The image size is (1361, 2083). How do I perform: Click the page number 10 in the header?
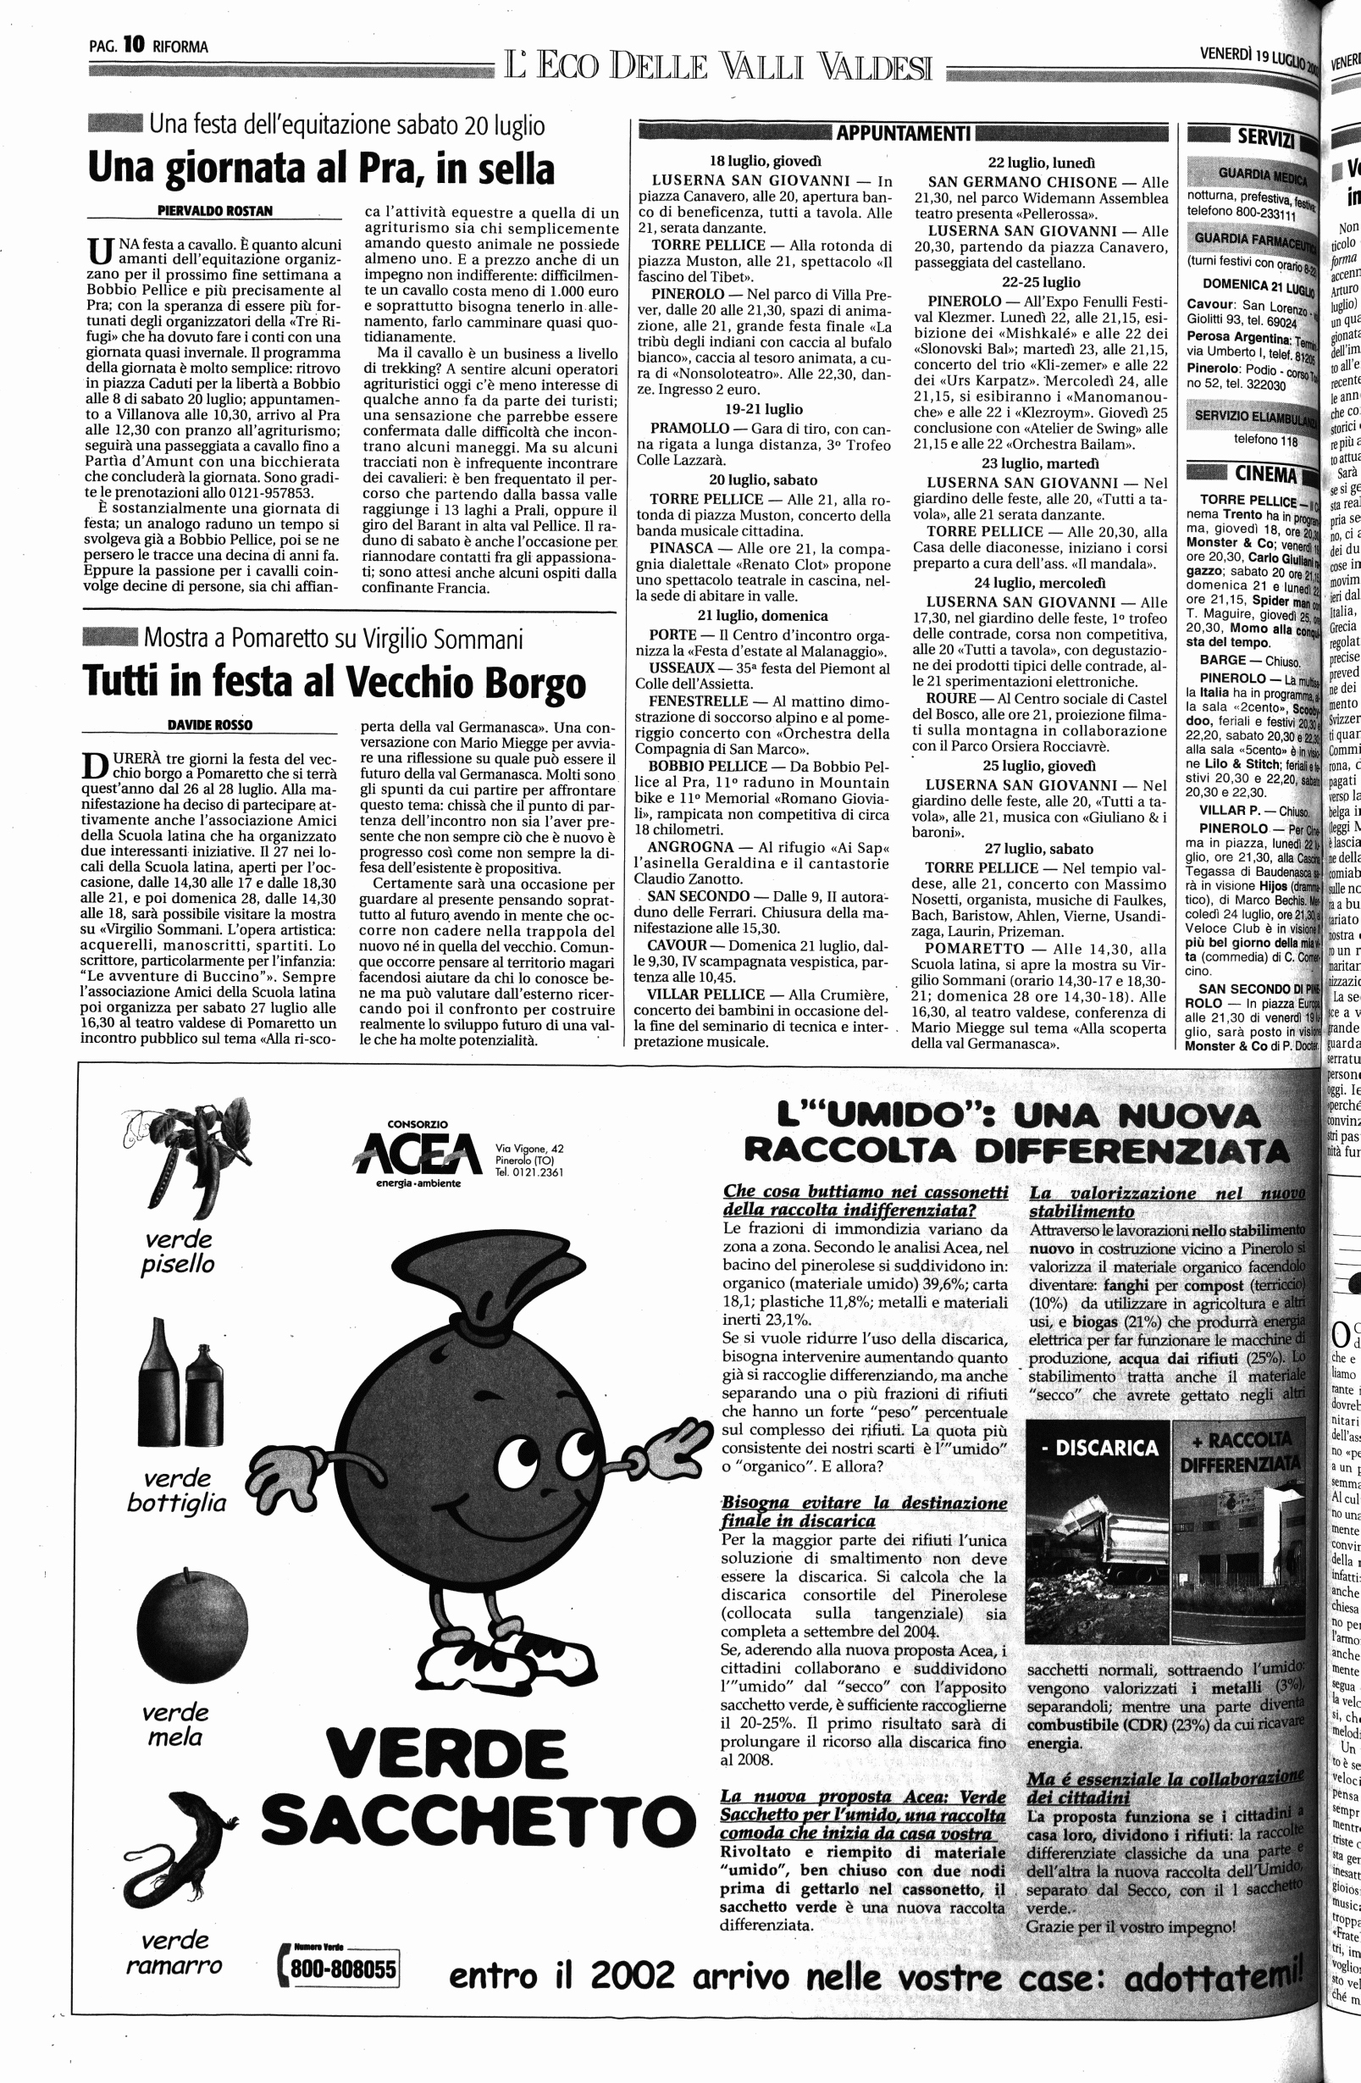coord(134,46)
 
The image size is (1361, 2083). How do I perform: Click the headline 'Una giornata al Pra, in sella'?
coord(321,169)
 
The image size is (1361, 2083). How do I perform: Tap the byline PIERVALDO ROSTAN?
coord(215,211)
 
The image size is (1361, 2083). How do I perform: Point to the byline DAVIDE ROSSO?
coord(209,724)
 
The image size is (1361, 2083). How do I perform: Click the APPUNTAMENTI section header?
coord(905,133)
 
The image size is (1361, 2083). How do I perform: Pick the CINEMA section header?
coord(1265,475)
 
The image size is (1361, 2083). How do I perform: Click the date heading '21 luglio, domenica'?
coord(762,615)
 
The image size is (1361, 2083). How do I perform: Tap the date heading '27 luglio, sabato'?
coord(1038,848)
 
